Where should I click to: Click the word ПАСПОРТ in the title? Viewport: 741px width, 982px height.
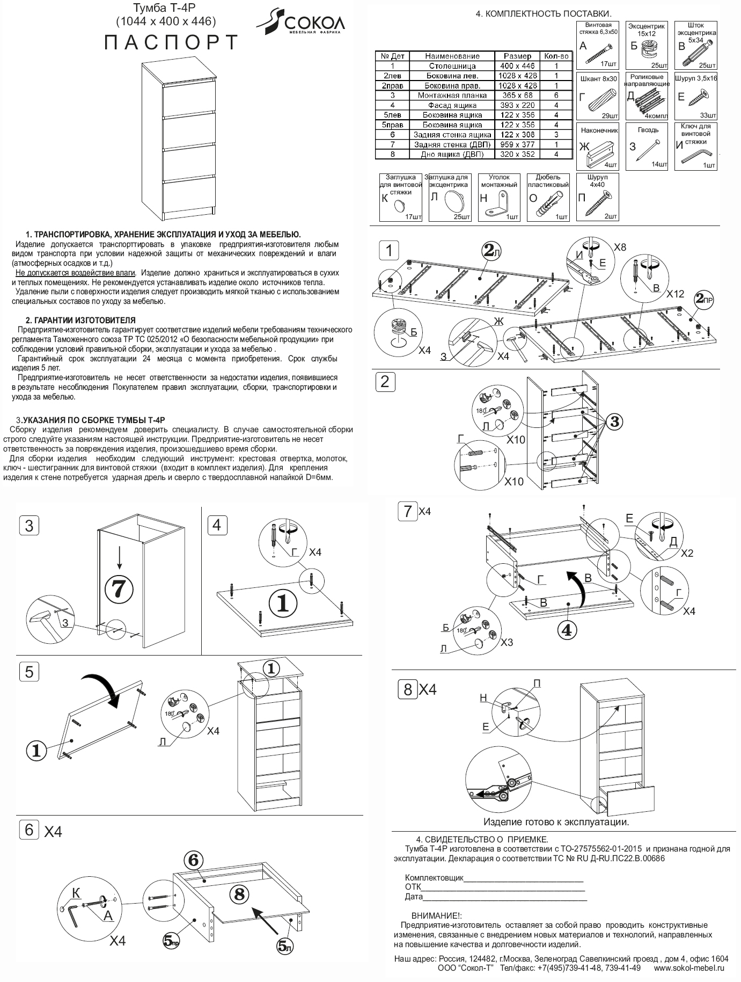(171, 43)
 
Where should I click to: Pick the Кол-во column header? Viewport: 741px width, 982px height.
(556, 56)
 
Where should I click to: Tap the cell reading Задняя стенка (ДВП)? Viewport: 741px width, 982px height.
(452, 144)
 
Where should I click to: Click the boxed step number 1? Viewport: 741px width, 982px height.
(388, 250)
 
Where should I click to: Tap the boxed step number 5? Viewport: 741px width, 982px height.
(29, 672)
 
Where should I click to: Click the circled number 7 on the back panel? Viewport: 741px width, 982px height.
(119, 589)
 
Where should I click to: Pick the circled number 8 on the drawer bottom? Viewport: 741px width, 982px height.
(239, 893)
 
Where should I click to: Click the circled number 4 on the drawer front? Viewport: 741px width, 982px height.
(567, 629)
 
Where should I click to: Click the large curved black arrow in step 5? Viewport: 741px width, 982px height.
(105, 689)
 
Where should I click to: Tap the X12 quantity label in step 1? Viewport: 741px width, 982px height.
(676, 294)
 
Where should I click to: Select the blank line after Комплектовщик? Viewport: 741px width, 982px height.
(523, 878)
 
